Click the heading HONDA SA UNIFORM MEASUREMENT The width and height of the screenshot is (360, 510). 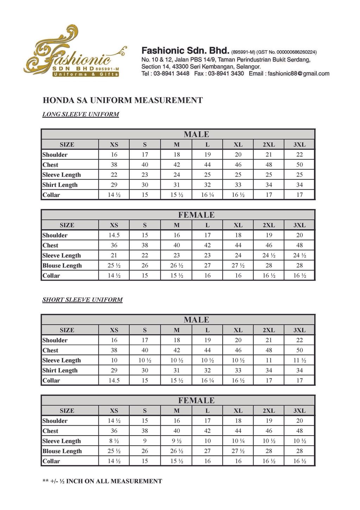coord(122,100)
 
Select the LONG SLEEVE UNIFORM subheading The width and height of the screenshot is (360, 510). coord(81,115)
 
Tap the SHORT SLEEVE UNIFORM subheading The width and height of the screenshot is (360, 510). coord(82,300)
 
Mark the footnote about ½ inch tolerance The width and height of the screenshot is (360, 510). coord(102,481)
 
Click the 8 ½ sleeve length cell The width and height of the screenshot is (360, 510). coord(114,441)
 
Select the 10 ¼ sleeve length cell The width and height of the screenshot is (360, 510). coord(238,441)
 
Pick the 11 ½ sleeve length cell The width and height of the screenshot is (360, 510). coord(300,360)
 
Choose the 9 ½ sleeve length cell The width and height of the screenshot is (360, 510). coord(176,441)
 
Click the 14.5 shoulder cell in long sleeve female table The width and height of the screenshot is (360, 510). coord(114,235)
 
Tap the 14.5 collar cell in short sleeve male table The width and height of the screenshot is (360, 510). coord(114,380)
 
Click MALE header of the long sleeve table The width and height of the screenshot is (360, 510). coord(196,135)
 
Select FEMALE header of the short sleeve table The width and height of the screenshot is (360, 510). coord(196,401)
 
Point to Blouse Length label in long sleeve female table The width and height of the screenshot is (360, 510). coord(62,266)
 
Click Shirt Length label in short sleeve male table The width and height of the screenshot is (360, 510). coord(60,371)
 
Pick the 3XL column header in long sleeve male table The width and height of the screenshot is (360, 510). coord(300,145)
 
